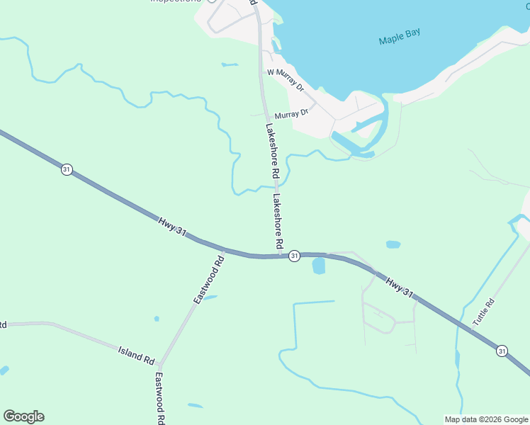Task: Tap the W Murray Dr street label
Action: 285,79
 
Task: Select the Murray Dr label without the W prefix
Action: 291,113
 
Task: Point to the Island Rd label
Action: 136,355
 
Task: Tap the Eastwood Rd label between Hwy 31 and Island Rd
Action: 209,280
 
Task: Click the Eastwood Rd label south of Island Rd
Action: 160,399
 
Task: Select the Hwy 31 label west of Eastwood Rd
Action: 174,228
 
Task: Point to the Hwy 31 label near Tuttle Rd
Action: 400,287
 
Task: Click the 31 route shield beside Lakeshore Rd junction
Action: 295,256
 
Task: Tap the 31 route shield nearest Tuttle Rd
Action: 502,351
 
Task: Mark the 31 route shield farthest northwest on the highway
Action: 66,170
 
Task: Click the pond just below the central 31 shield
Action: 318,266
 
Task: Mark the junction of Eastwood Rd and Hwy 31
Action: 224,250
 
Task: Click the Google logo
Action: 23,416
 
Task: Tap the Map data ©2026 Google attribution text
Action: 486,419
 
